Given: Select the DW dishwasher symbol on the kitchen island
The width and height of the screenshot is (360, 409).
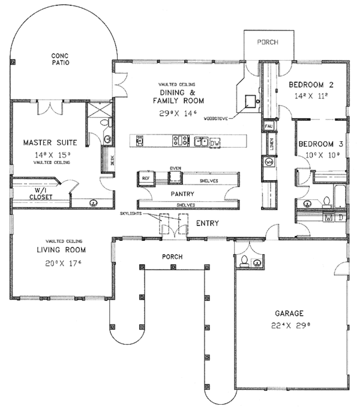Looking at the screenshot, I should tap(215, 142).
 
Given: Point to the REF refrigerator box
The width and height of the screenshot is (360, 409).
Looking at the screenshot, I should tap(145, 178).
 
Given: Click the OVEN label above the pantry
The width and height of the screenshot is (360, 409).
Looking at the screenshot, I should tap(175, 168).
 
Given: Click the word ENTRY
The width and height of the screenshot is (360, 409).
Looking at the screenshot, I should tap(207, 223).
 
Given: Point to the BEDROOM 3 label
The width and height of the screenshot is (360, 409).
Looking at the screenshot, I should tap(322, 145).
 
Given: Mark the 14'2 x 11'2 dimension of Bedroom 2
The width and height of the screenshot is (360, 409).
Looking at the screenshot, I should tap(310, 95).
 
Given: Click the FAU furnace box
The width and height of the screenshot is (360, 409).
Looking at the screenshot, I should tap(269, 126).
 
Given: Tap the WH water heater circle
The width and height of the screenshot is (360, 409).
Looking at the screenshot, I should tap(269, 162).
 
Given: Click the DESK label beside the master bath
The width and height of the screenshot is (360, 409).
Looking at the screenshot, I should tap(112, 161).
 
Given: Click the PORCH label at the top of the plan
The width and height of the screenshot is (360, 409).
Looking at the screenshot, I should tap(268, 43).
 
